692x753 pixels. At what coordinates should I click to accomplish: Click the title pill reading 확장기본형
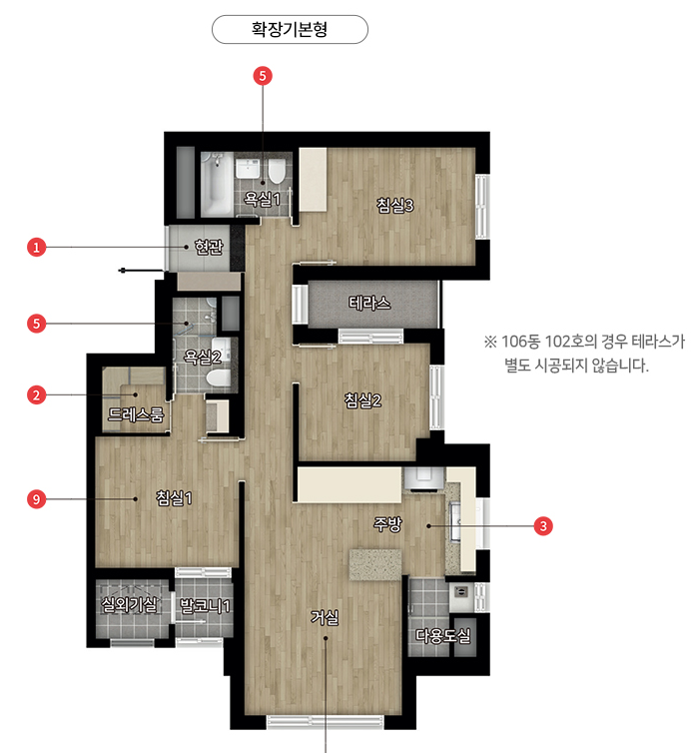tap(290, 29)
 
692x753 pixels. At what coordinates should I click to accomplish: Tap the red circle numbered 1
tap(37, 248)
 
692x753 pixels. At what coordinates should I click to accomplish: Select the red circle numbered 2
tap(37, 395)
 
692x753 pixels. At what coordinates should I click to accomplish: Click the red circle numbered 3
tap(543, 526)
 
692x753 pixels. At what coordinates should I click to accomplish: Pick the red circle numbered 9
tap(37, 499)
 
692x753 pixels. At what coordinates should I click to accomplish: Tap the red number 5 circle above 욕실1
tap(263, 76)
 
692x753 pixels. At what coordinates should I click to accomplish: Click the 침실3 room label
tap(394, 205)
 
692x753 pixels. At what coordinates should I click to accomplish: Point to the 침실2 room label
tap(362, 400)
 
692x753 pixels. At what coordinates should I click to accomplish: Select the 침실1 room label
tap(174, 497)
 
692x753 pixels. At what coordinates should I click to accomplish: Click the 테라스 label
tap(369, 303)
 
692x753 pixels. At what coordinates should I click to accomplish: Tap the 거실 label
tap(325, 617)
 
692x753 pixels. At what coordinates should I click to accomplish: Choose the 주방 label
tap(387, 524)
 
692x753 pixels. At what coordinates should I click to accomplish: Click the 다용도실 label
tap(442, 636)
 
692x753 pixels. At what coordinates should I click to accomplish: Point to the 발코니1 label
tap(205, 605)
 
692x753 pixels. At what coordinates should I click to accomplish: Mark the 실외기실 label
tap(129, 604)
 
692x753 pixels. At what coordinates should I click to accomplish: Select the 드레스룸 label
tap(136, 414)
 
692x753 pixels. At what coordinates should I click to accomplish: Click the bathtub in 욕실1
tap(216, 185)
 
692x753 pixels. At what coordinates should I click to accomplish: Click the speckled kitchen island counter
tap(375, 565)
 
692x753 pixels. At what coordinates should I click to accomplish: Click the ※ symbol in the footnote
tap(490, 342)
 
